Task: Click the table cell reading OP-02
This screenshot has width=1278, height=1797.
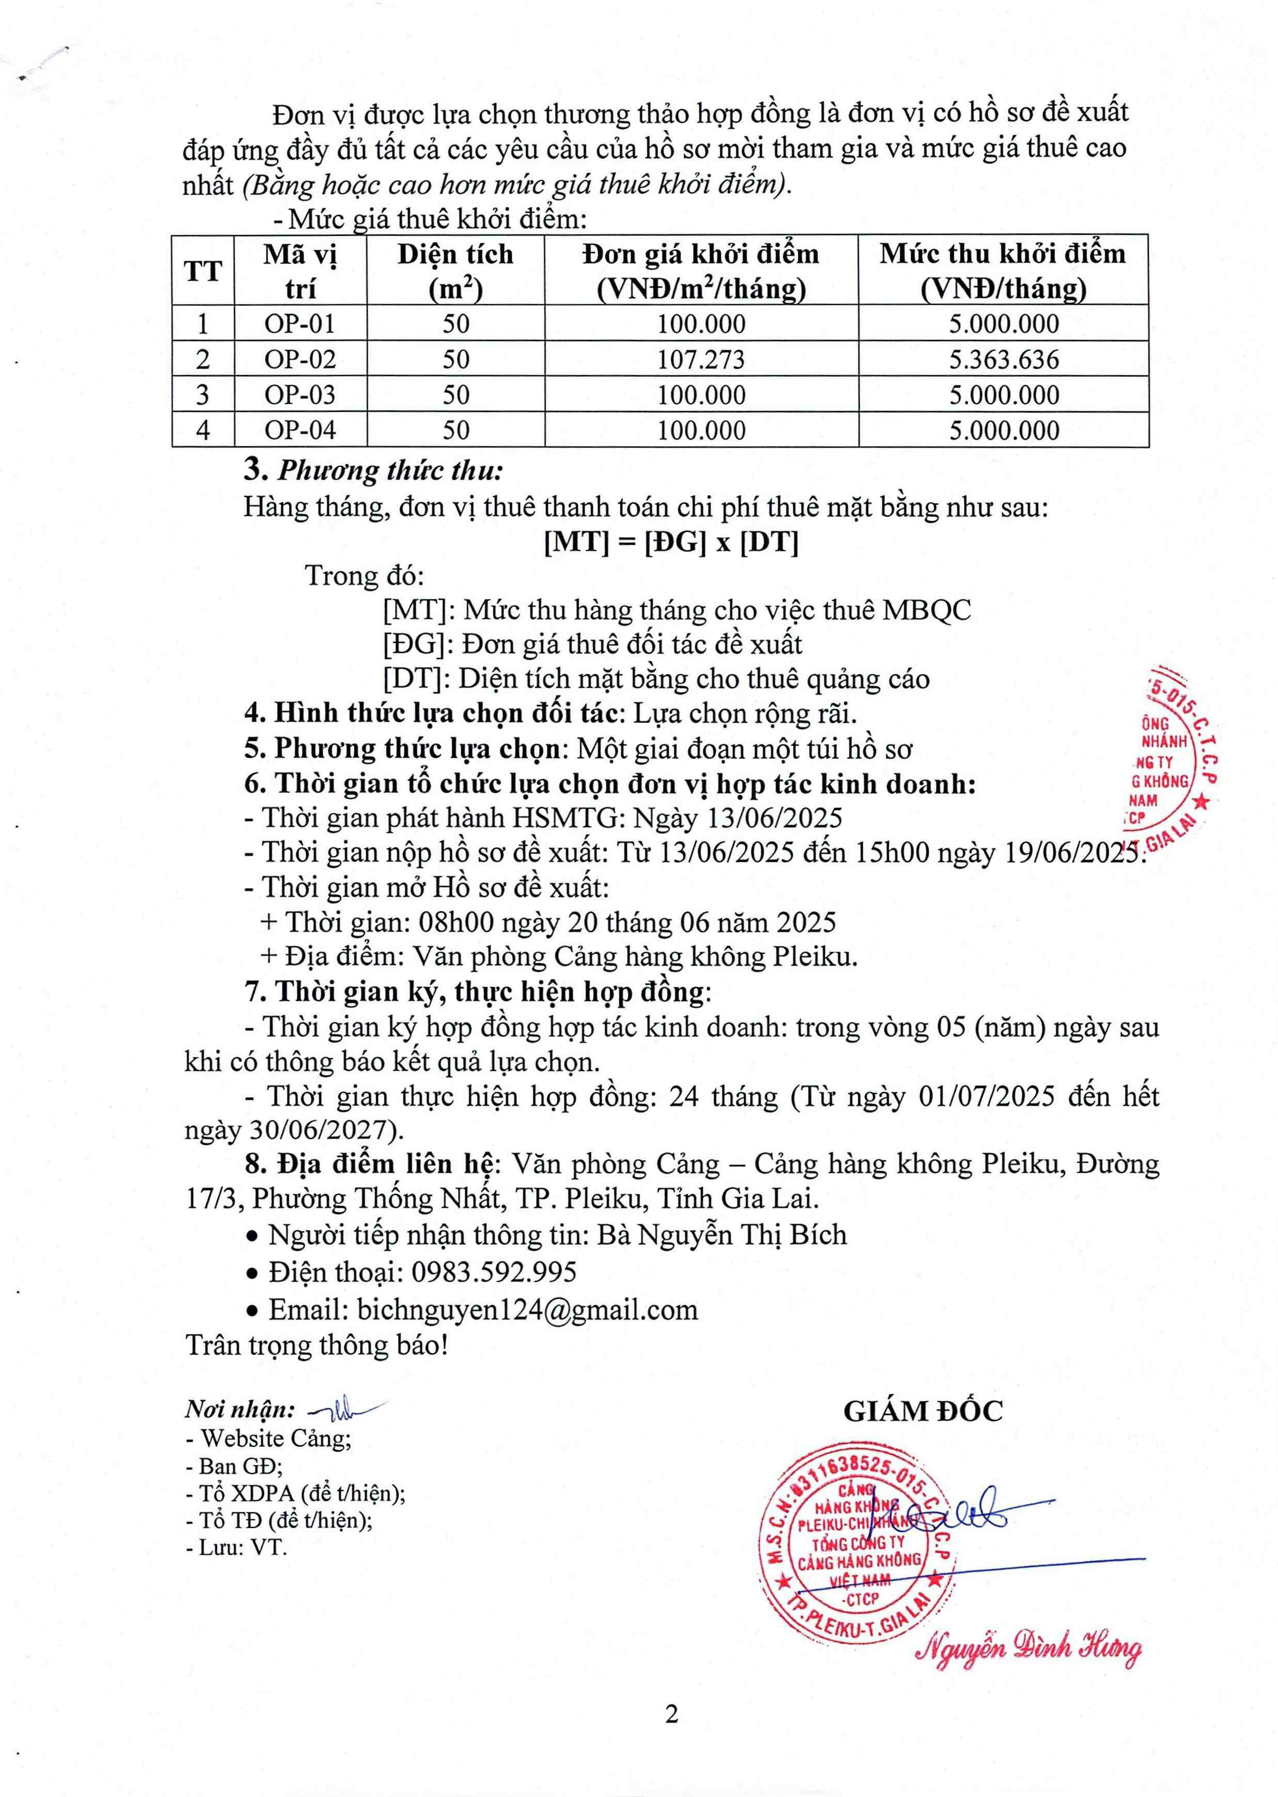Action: click(300, 359)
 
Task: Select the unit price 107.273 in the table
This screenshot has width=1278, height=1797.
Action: click(701, 359)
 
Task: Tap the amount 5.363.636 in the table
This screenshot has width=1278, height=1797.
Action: click(1003, 359)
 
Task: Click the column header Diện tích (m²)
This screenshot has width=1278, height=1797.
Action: click(455, 271)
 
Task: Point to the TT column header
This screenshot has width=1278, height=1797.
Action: click(203, 271)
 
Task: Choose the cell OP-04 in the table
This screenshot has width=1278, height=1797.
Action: click(300, 430)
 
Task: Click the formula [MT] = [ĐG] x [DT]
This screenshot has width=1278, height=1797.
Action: click(671, 542)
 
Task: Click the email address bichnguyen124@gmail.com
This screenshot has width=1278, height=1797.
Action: click(527, 1309)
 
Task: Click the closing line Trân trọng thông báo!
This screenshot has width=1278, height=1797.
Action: click(317, 1345)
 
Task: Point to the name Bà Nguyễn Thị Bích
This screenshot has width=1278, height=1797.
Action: click(722, 1235)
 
